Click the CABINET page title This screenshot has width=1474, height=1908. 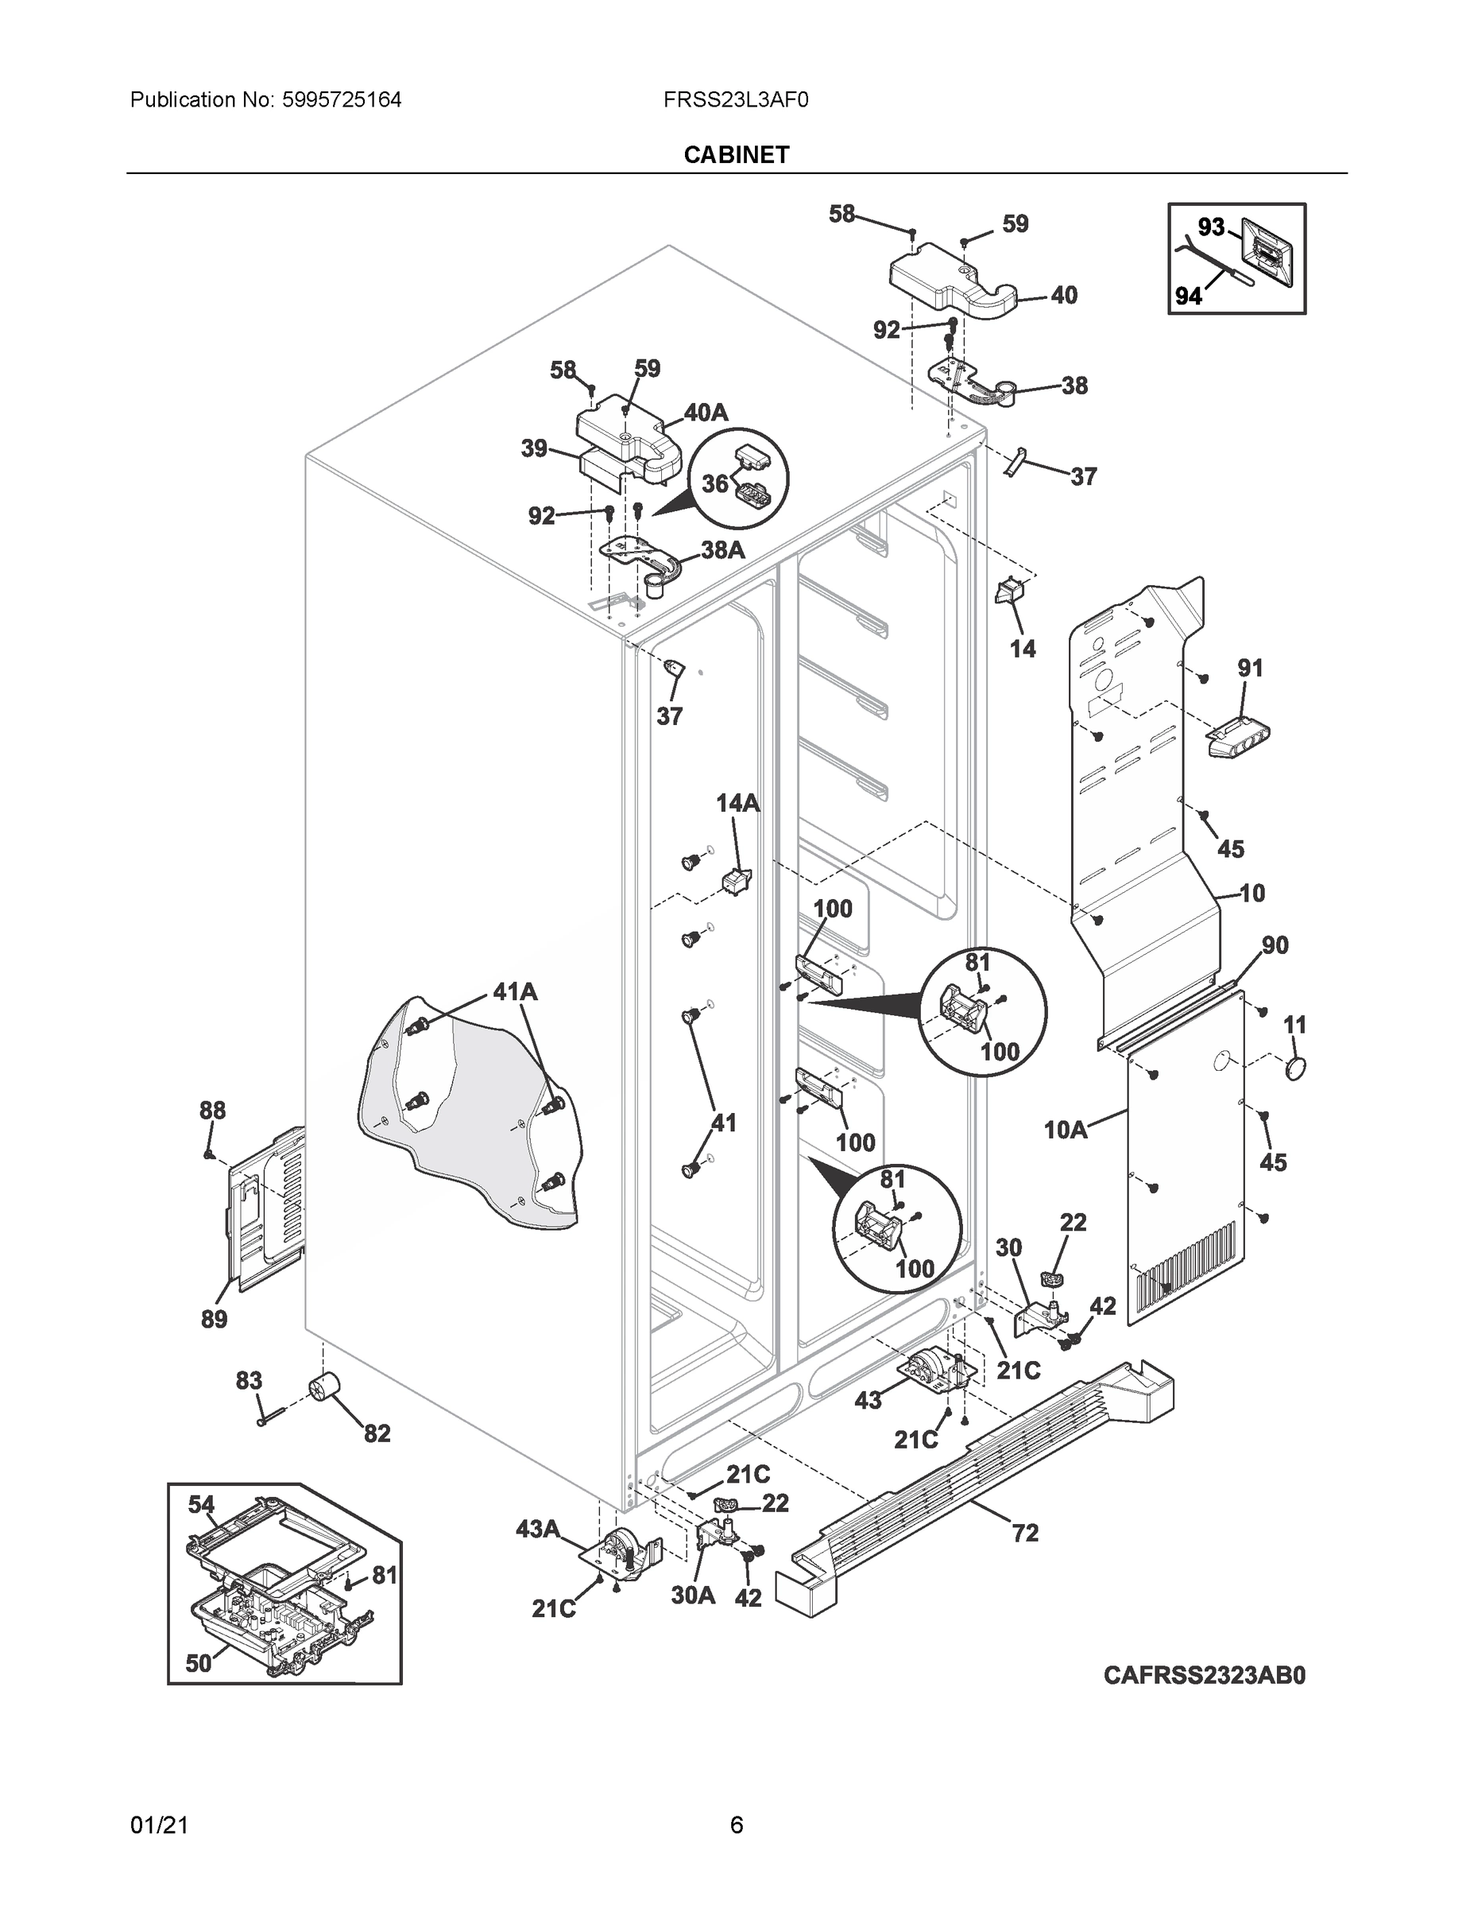(x=736, y=155)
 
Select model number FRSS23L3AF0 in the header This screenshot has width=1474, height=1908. (x=735, y=100)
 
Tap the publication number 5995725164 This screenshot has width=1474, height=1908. (x=341, y=100)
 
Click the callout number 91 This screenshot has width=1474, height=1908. (x=1251, y=669)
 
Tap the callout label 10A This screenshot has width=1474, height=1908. (x=1066, y=1130)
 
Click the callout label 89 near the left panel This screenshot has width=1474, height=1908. (x=214, y=1319)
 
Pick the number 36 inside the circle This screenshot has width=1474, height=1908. (x=715, y=483)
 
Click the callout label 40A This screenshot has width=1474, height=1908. (x=706, y=413)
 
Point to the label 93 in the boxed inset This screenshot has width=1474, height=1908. (x=1210, y=227)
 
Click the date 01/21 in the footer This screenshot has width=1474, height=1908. (x=159, y=1825)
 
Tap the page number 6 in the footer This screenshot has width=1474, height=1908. (x=736, y=1825)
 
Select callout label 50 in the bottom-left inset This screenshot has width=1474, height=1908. (x=198, y=1663)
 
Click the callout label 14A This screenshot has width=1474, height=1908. (x=738, y=803)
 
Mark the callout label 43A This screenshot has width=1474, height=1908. (x=537, y=1529)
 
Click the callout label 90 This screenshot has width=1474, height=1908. (x=1275, y=945)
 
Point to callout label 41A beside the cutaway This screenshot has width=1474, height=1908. (x=515, y=991)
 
